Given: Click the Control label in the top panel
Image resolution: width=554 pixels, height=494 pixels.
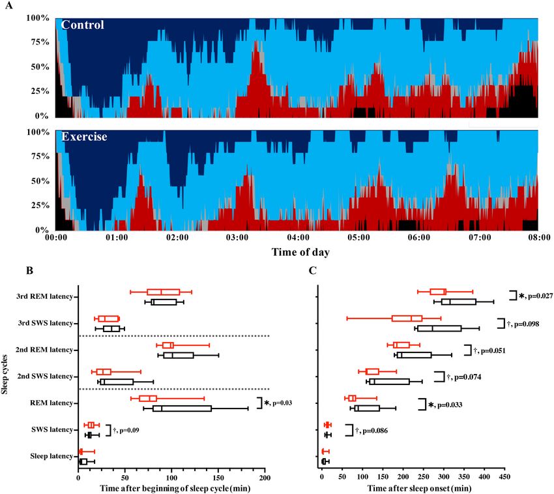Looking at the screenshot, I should [x=83, y=25].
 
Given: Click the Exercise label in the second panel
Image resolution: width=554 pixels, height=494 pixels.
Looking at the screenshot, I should [x=84, y=138].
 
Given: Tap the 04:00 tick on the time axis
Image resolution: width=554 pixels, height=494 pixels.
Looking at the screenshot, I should [x=298, y=239].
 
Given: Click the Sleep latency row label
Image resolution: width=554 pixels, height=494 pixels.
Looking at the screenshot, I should [x=49, y=456].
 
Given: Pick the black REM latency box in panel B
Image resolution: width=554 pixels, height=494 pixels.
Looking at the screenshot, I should [x=182, y=409].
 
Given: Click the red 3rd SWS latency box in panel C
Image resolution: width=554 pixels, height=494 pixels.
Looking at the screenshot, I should [x=407, y=318].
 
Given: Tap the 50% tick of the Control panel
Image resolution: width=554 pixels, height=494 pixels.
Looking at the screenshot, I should [x=40, y=67].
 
